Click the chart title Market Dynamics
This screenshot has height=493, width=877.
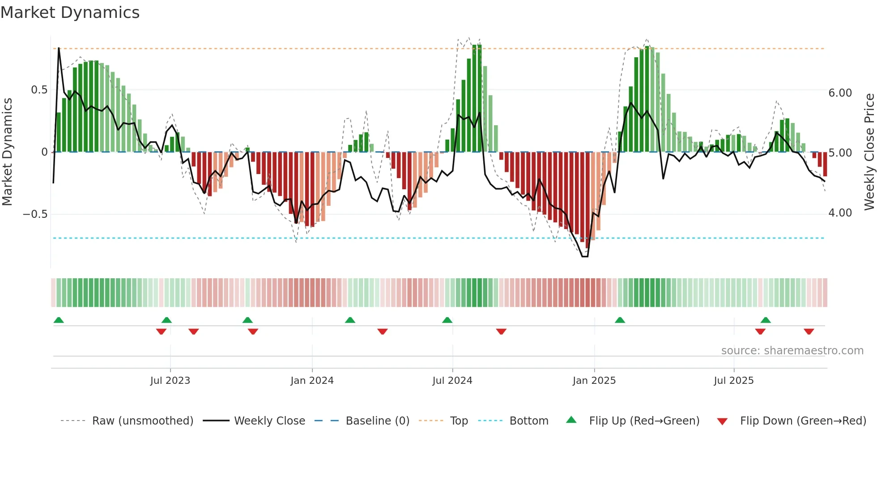pyautogui.click(x=70, y=13)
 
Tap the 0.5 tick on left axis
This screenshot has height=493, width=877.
pyautogui.click(x=39, y=90)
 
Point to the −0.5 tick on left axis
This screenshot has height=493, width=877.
pyautogui.click(x=35, y=214)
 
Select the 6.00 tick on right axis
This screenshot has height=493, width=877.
pyautogui.click(x=840, y=93)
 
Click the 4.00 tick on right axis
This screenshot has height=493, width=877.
pyautogui.click(x=840, y=213)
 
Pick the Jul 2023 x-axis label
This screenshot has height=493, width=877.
pyautogui.click(x=170, y=381)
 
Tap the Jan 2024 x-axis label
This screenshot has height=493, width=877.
pyautogui.click(x=312, y=381)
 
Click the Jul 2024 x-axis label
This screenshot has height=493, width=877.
pyautogui.click(x=452, y=381)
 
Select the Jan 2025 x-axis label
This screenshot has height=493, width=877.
pyautogui.click(x=594, y=381)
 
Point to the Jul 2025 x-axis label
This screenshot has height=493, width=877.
pyautogui.click(x=733, y=381)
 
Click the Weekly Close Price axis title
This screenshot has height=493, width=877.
pyautogui.click(x=869, y=152)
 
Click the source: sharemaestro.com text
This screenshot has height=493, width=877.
pyautogui.click(x=792, y=351)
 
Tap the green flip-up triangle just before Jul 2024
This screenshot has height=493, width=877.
pyautogui.click(x=447, y=320)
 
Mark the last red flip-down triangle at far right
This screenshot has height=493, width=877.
pyautogui.click(x=809, y=331)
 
